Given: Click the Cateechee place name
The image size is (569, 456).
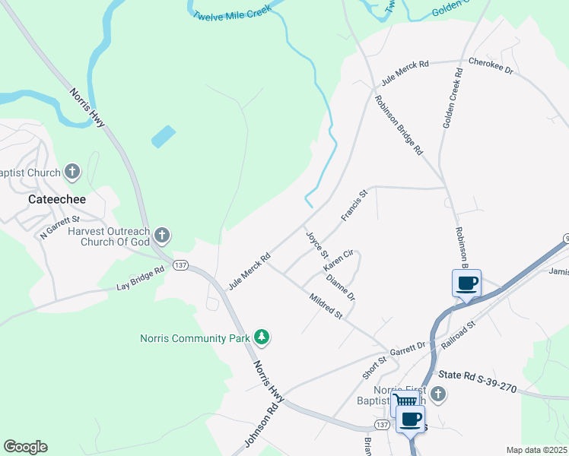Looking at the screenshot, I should pos(56,199).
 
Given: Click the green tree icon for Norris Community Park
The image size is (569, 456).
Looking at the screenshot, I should pos(262,336).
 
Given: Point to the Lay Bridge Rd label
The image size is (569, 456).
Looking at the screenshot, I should pos(141,279).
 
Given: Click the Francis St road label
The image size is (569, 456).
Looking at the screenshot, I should pos(354,205).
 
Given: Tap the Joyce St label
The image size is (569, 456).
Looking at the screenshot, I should pos(316,244).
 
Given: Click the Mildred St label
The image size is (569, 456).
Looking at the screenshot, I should pos(326,308).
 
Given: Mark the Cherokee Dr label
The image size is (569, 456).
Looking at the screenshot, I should pos(491,65).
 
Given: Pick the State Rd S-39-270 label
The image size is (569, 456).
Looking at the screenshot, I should pos(478,382).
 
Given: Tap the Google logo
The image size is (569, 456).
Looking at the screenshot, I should pos(25,446).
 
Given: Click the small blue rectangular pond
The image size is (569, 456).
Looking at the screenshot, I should pos(163,137).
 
